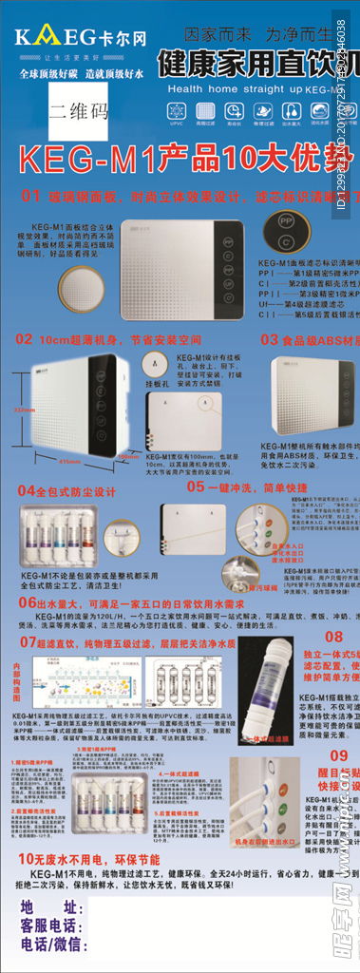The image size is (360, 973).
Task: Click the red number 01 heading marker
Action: click(x=30, y=196)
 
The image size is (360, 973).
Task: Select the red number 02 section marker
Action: click(x=24, y=338)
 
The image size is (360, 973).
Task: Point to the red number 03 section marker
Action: click(x=269, y=338)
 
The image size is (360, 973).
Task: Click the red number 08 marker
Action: click(x=333, y=637)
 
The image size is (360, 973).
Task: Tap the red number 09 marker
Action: click(x=339, y=755)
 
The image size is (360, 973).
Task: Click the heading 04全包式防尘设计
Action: click(x=66, y=491)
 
